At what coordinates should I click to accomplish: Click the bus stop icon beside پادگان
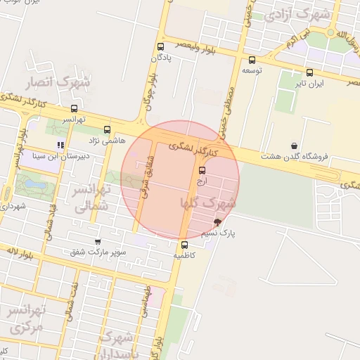pyautogui.click(x=161, y=47)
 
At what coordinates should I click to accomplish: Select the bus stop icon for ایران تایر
pyautogui.click(x=310, y=72)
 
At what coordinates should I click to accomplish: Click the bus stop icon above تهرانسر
pyautogui.click(x=75, y=109)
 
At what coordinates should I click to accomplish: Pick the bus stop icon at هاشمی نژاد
pyautogui.click(x=107, y=129)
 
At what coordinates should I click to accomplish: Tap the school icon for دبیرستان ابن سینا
pyautogui.click(x=60, y=146)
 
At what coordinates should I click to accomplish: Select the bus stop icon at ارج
pyautogui.click(x=202, y=170)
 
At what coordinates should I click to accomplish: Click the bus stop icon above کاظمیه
pyautogui.click(x=184, y=245)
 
